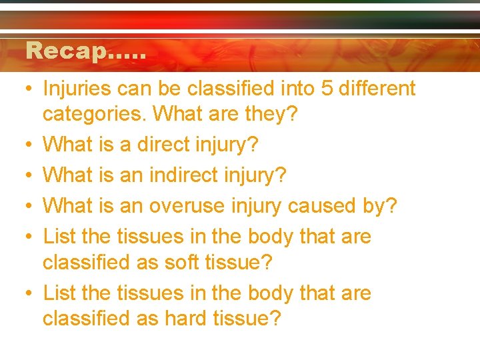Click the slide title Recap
[85, 51]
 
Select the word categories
[94, 114]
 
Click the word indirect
[177, 175]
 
